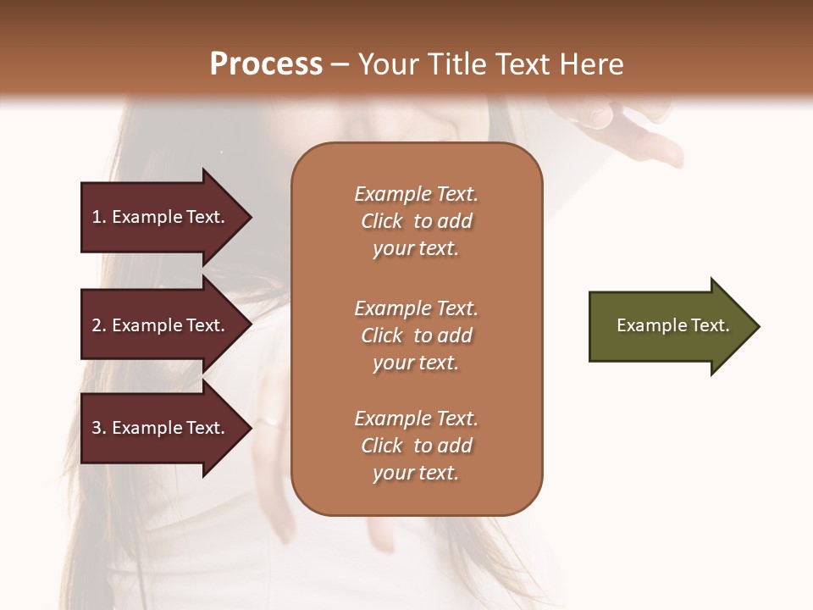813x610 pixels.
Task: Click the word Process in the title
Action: click(266, 64)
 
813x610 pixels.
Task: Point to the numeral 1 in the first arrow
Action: click(97, 217)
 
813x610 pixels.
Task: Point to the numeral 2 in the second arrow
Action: click(97, 325)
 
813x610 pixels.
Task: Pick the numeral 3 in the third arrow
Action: click(97, 428)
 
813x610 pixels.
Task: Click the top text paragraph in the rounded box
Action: click(416, 221)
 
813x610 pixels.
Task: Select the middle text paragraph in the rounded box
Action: click(416, 335)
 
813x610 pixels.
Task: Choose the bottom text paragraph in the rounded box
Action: click(416, 446)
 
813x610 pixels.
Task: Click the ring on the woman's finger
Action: click(269, 420)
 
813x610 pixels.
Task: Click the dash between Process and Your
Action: click(340, 64)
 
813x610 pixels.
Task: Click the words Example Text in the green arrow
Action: click(672, 325)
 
